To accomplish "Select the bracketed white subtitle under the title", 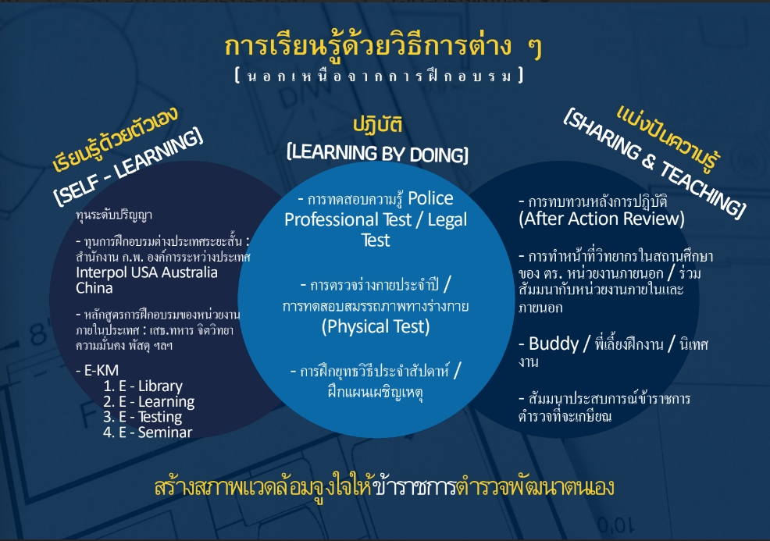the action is [x=379, y=76].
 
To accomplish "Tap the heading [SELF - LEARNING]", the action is [x=127, y=166].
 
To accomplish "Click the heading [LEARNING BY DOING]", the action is [x=377, y=153].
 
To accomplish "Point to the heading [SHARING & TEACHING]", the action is [x=654, y=162].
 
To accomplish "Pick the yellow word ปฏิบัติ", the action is [x=378, y=124].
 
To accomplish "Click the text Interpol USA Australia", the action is [x=146, y=272].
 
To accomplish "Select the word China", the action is [x=94, y=288].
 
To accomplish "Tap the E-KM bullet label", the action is [x=98, y=370].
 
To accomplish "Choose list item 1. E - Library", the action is [x=143, y=386].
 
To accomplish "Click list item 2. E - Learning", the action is [x=149, y=401].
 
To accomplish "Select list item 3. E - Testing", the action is [x=142, y=417].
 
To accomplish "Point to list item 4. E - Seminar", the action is [x=148, y=432].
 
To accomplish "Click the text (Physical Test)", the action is [x=376, y=326].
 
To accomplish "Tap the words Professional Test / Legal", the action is [x=376, y=219].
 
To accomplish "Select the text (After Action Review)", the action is [x=601, y=219].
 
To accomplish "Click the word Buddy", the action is [x=554, y=343].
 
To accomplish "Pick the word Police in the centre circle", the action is [x=430, y=198].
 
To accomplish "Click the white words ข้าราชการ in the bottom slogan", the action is [x=415, y=486].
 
